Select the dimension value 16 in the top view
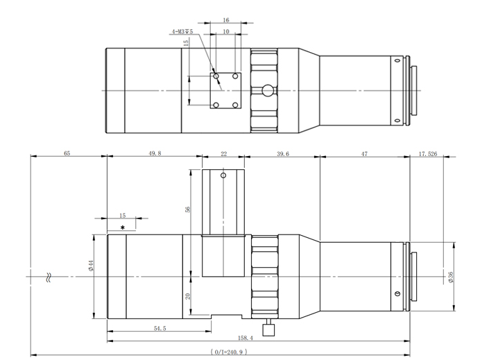click(x=225, y=21)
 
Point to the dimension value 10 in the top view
click(x=225, y=32)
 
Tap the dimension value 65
click(x=67, y=153)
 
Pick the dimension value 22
click(x=223, y=153)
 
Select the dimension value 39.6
click(x=282, y=153)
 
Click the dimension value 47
click(x=363, y=153)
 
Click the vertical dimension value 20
click(x=188, y=295)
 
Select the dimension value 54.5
click(x=159, y=328)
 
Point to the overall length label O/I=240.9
click(x=229, y=352)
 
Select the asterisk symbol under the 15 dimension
click(x=123, y=228)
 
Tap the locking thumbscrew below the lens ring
click(x=268, y=325)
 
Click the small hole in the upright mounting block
click(x=223, y=175)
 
